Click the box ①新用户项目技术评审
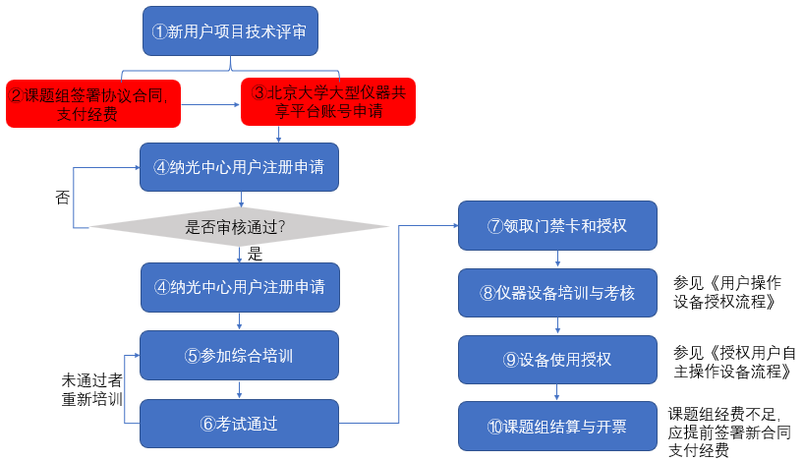[230, 30]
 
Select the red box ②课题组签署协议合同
[93, 103]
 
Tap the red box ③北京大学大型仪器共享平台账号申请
[328, 101]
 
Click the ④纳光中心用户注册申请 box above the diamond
[240, 167]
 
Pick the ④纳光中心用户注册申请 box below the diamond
[240, 287]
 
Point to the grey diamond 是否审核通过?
[239, 227]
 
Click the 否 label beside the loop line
[63, 197]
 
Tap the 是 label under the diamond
[255, 254]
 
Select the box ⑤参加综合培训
[240, 356]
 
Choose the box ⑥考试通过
[240, 424]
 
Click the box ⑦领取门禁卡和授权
[557, 226]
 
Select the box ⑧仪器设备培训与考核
[557, 293]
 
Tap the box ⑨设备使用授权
[557, 360]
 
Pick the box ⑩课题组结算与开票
[557, 427]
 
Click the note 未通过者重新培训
[92, 389]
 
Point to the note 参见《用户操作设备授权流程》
[727, 292]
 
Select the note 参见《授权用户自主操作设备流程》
[734, 362]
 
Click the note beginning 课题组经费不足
[729, 432]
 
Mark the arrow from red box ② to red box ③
[210, 104]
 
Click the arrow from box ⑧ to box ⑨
[558, 326]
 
